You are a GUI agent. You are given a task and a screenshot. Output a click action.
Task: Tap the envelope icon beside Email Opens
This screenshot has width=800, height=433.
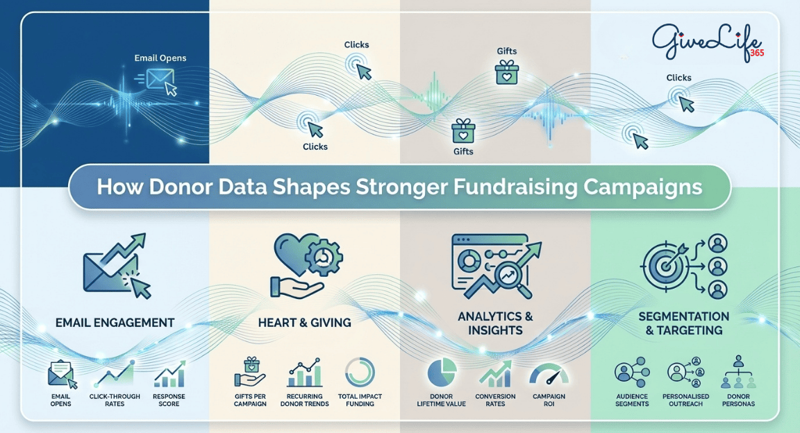[x=161, y=80]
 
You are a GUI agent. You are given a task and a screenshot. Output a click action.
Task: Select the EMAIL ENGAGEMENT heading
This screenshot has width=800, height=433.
[x=115, y=322]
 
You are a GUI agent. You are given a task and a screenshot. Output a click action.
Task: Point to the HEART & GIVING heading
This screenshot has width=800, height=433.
[x=304, y=322]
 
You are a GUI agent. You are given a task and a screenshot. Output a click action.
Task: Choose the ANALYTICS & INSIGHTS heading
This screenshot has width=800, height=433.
[x=495, y=323]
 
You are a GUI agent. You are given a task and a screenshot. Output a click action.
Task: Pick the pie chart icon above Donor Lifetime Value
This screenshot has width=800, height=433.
[x=441, y=374]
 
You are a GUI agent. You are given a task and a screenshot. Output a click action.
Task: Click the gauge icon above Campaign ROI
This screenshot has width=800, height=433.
[x=549, y=375]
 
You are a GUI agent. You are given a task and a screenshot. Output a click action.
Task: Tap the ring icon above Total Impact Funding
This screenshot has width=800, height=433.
[x=360, y=373]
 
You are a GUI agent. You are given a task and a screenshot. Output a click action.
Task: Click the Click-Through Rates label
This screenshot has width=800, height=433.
[x=115, y=400]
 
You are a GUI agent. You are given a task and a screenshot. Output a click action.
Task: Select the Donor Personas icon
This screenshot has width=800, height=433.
[x=737, y=373]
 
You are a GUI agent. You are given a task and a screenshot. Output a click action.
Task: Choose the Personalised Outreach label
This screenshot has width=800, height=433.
[x=685, y=400]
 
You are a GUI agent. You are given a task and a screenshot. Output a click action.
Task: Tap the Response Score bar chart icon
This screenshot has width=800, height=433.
[x=169, y=374]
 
